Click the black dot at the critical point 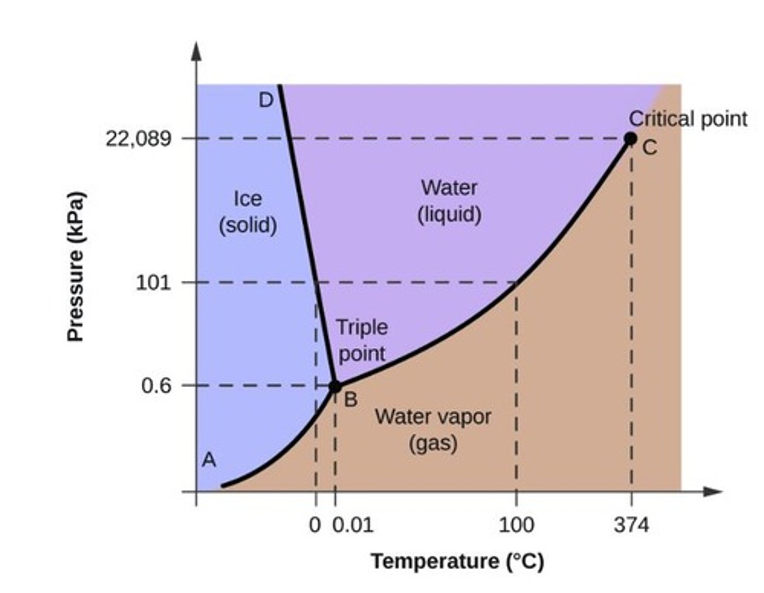630,139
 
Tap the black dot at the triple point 335,386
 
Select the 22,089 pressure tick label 138,139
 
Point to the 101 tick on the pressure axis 153,282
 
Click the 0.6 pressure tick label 157,385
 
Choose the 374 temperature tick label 631,526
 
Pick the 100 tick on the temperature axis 516,526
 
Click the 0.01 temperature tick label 353,526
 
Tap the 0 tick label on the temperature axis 315,526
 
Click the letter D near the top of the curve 266,100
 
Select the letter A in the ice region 209,460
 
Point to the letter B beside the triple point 351,400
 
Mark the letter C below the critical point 650,148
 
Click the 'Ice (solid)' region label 248,212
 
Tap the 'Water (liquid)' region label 449,201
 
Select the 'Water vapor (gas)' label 433,429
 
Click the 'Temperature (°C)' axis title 457,561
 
